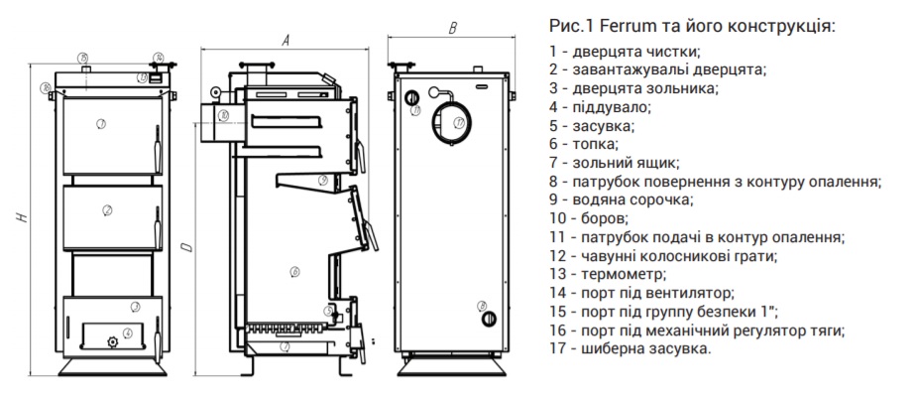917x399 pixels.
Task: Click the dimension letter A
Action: tap(286, 41)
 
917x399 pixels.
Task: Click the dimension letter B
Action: tap(453, 29)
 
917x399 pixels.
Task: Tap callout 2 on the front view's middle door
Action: tap(106, 209)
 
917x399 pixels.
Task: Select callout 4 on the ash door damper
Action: tap(128, 332)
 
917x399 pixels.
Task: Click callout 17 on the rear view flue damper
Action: tap(459, 122)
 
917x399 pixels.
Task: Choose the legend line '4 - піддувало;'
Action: tap(598, 106)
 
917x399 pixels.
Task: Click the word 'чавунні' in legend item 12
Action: tap(602, 256)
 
